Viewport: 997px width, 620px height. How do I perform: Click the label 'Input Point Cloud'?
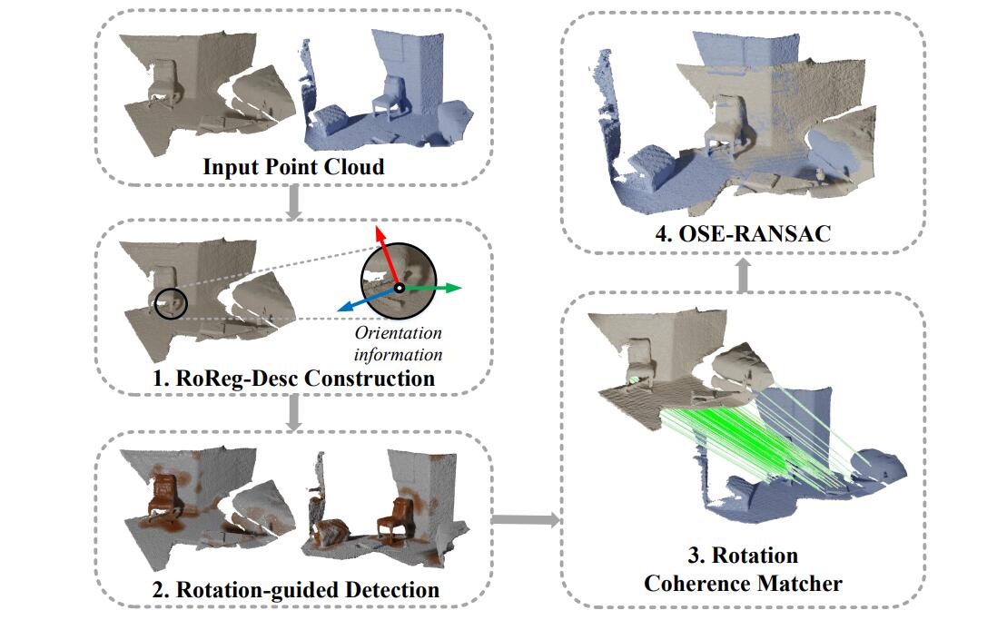point(293,167)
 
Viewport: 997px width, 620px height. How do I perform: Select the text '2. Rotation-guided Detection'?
point(293,589)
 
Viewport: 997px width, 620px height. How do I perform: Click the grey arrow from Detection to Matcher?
point(525,519)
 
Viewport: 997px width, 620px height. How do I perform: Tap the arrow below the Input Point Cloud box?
point(293,204)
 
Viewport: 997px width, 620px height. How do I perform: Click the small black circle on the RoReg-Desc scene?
point(170,303)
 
